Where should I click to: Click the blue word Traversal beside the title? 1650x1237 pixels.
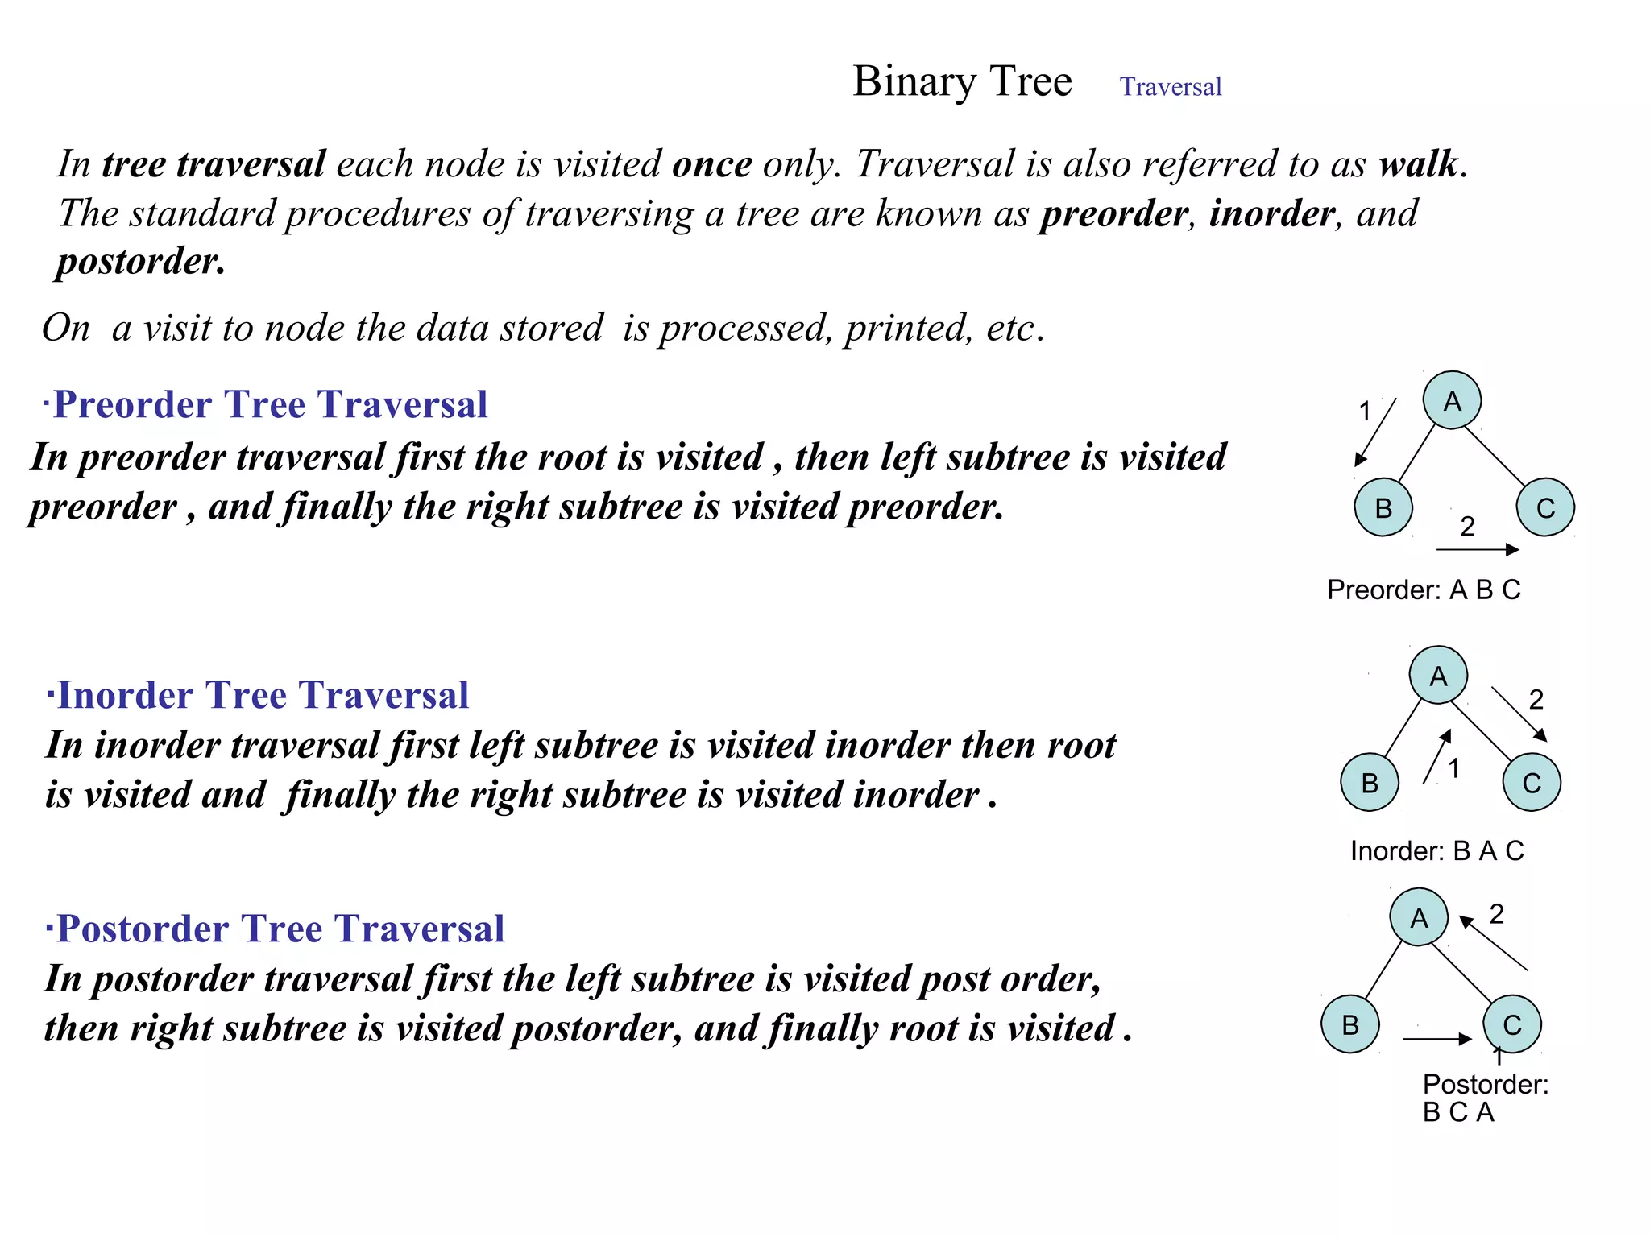tap(1170, 86)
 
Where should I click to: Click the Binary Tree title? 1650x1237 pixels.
tap(962, 81)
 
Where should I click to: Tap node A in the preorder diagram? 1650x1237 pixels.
tap(1452, 400)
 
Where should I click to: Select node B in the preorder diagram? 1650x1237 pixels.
tap(1383, 507)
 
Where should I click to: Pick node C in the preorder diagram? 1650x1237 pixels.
tap(1545, 507)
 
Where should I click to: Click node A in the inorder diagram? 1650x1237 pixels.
tap(1438, 676)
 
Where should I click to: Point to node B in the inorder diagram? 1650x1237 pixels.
tap(1370, 782)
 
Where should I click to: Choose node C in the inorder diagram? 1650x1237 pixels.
tap(1532, 782)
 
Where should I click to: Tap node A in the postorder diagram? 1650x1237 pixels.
tap(1419, 917)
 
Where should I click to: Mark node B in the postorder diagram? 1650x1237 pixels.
tap(1350, 1024)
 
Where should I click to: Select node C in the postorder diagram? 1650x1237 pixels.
tap(1512, 1024)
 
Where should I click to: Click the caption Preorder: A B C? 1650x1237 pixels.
tap(1424, 590)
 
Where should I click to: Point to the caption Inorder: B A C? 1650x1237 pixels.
tap(1437, 850)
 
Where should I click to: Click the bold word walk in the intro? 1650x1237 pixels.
tap(1418, 164)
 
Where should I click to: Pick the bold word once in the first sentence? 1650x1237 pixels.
tap(712, 164)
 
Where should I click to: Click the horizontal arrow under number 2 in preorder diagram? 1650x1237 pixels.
tap(1477, 550)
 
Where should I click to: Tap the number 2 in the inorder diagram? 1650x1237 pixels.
tap(1536, 699)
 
